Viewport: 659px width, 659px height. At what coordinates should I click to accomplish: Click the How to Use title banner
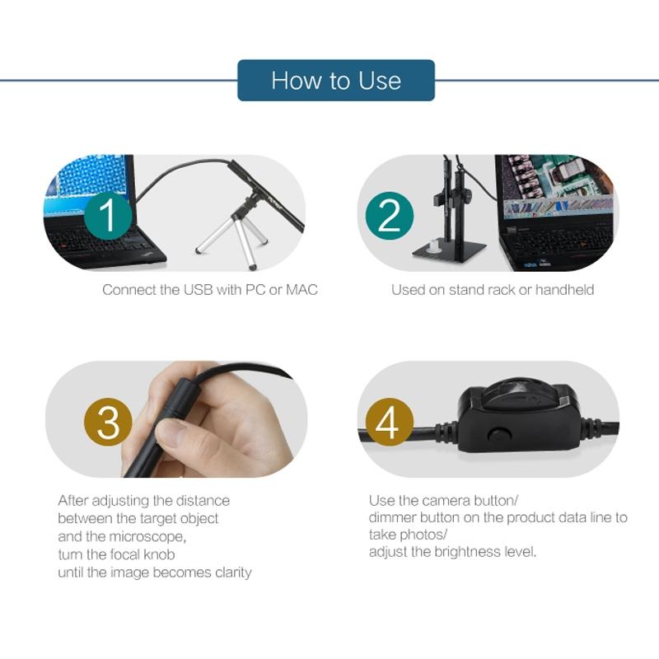point(336,80)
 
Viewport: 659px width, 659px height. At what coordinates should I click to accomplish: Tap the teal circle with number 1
point(109,215)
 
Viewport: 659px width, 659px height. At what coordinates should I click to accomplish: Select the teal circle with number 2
point(389,216)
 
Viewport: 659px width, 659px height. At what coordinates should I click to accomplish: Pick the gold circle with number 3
point(108,422)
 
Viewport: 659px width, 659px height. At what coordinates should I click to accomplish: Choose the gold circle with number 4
point(389,422)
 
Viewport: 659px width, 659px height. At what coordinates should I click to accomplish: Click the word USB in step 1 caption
point(199,290)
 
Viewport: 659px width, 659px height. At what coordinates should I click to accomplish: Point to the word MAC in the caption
point(301,290)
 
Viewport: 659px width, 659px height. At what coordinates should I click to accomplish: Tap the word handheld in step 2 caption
point(564,290)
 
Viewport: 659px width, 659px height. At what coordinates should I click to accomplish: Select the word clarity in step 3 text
point(233,573)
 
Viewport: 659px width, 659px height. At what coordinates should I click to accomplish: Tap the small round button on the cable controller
point(498,436)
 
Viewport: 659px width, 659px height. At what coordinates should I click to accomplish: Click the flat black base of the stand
point(450,251)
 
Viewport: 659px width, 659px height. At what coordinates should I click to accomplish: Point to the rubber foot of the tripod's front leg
point(252,266)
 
